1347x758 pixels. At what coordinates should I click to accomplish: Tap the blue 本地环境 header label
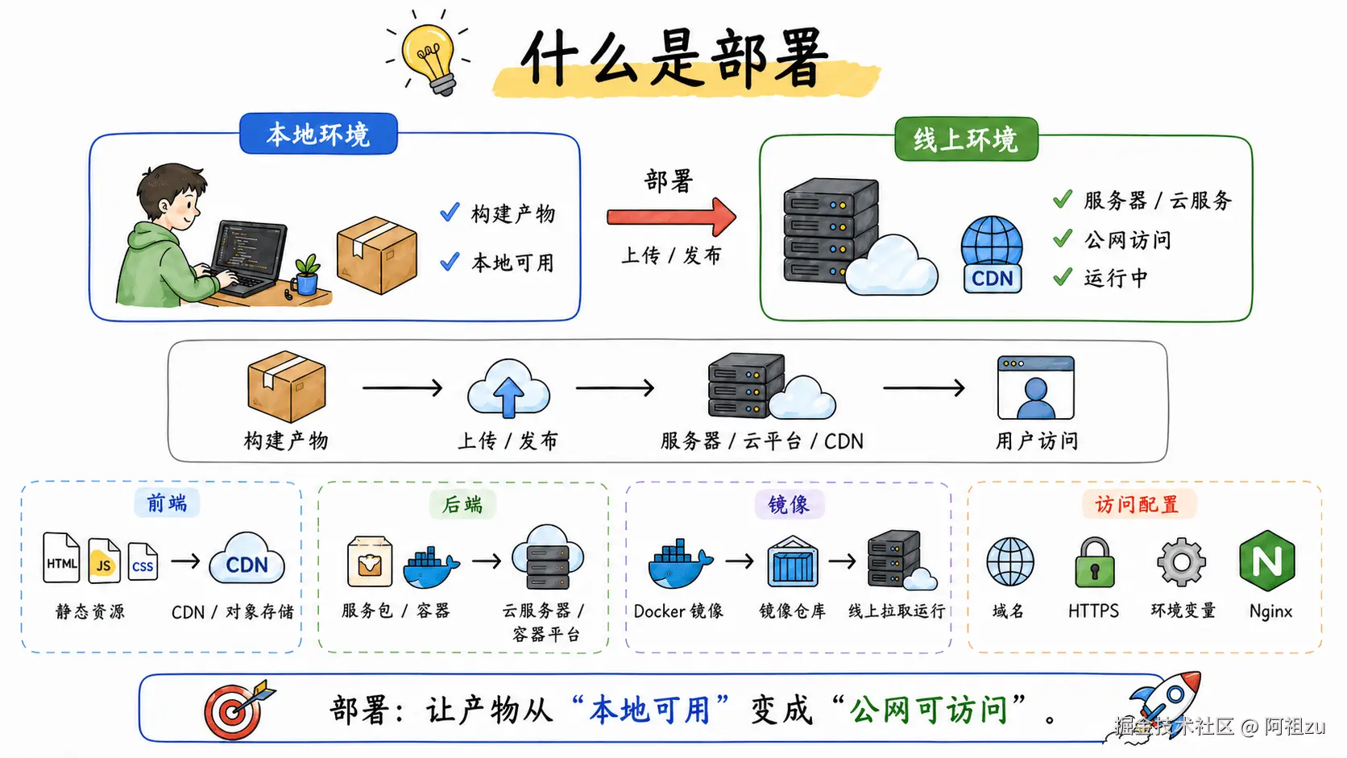tap(318, 134)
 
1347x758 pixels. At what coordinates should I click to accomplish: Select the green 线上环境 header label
tap(966, 139)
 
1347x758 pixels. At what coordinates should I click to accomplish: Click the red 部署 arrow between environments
tap(671, 217)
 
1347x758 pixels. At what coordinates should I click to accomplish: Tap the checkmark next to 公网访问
tap(1063, 238)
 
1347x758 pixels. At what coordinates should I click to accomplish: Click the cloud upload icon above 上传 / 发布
tap(508, 389)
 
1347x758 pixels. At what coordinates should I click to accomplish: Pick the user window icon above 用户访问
tap(1035, 387)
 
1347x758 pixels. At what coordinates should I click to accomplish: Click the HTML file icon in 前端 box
tap(61, 558)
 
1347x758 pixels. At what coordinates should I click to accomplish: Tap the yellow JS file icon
tap(104, 561)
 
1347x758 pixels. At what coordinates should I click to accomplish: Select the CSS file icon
tap(143, 562)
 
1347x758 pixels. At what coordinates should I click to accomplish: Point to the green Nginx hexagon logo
tap(1267, 560)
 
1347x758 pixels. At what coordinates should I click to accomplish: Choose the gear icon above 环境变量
tap(1181, 561)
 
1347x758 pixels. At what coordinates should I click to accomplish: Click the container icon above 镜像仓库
tap(793, 563)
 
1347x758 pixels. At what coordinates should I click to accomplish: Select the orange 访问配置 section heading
tap(1137, 505)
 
